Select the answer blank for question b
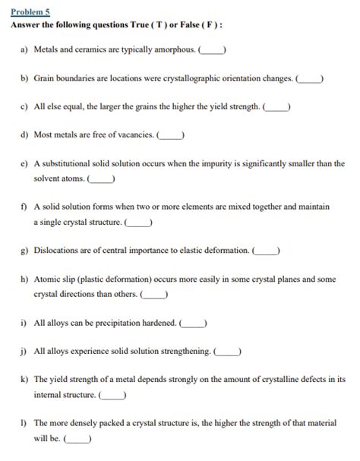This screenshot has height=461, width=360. [311, 78]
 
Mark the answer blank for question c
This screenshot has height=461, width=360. [276, 107]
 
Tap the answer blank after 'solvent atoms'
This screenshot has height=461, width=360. [102, 179]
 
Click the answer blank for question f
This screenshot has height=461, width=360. [137, 223]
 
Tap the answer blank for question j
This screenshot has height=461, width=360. [228, 351]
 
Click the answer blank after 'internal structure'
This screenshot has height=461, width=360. [112, 395]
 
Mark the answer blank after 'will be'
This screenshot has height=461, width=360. [78, 438]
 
